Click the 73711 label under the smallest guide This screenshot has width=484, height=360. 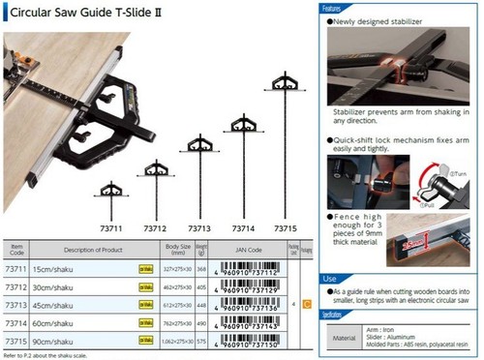(110, 227)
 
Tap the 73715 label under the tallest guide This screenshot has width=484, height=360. (287, 227)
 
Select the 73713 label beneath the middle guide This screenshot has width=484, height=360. (199, 227)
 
